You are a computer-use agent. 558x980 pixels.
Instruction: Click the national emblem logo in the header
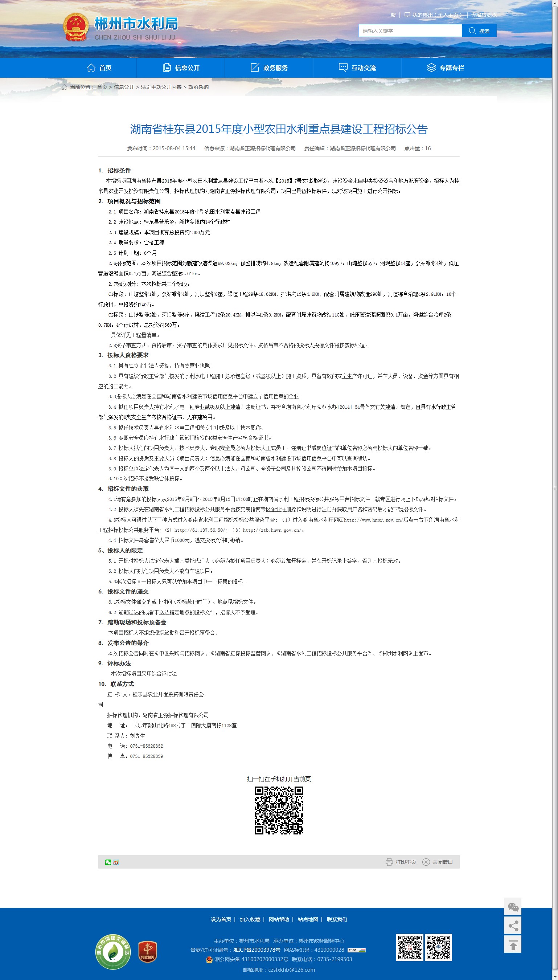(x=75, y=27)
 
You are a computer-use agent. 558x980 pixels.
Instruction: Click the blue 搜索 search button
(x=479, y=31)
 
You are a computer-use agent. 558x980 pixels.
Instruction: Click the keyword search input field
(x=410, y=31)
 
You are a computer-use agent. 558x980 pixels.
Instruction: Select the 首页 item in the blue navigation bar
(x=99, y=68)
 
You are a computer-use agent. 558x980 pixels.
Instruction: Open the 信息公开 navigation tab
(x=181, y=68)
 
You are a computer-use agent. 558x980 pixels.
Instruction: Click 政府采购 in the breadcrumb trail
(x=198, y=87)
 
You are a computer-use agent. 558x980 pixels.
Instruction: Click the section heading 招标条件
(x=119, y=170)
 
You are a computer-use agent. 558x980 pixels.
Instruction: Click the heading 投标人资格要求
(x=128, y=355)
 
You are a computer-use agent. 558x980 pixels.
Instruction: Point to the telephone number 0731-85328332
(x=147, y=746)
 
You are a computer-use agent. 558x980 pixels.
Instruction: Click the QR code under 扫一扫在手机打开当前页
(x=279, y=810)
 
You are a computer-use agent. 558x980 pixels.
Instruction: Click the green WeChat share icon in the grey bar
(x=108, y=862)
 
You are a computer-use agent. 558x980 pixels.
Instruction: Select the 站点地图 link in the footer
(x=308, y=919)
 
